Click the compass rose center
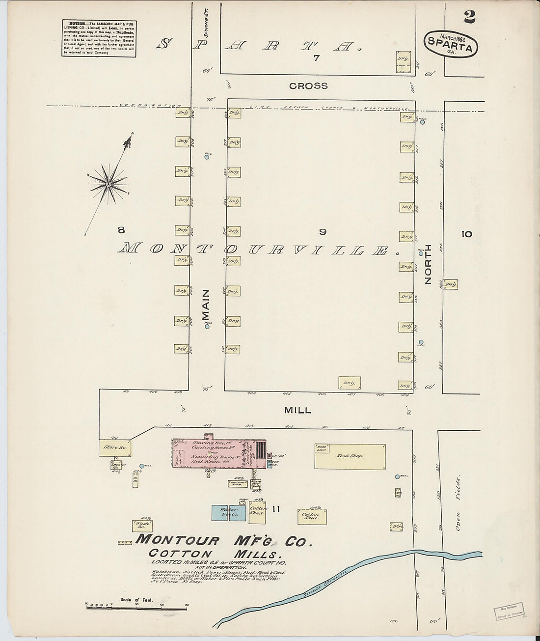[108, 184]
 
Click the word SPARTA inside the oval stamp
[450, 48]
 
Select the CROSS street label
[308, 86]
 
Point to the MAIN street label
[206, 305]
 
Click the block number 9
[323, 232]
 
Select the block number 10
[466, 234]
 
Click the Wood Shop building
[350, 456]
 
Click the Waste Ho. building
[141, 526]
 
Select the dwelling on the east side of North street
[450, 284]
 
